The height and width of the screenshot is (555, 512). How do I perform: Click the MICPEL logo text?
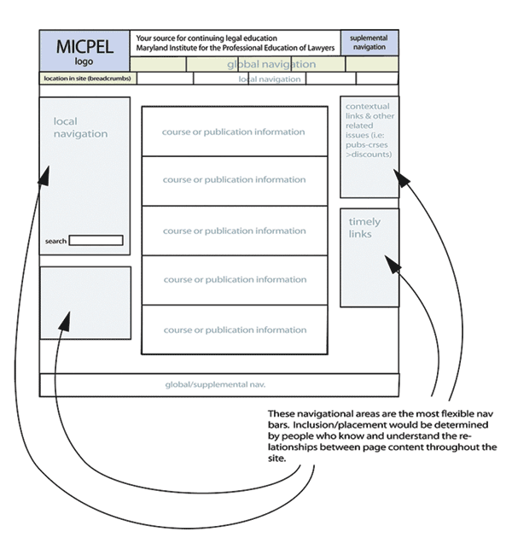pyautogui.click(x=84, y=50)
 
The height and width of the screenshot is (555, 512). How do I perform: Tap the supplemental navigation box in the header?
pyautogui.click(x=369, y=43)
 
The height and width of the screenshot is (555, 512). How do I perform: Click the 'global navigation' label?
pyautogui.click(x=271, y=64)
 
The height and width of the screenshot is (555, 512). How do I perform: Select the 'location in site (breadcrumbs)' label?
pyautogui.click(x=86, y=79)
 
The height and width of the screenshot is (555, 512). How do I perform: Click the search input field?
pyautogui.click(x=96, y=241)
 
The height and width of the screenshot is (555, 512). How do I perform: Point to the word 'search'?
pyautogui.click(x=55, y=242)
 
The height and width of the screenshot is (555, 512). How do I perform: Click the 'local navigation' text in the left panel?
pyautogui.click(x=80, y=128)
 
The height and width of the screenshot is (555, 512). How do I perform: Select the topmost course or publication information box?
pyautogui.click(x=234, y=131)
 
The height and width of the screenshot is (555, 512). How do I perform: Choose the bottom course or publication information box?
pyautogui.click(x=234, y=330)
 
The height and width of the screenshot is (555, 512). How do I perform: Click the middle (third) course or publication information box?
pyautogui.click(x=234, y=231)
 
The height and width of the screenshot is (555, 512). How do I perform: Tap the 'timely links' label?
pyautogui.click(x=364, y=228)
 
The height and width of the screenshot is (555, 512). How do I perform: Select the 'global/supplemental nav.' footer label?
pyautogui.click(x=221, y=384)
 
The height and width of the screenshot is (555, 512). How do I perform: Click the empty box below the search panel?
pyautogui.click(x=85, y=303)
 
